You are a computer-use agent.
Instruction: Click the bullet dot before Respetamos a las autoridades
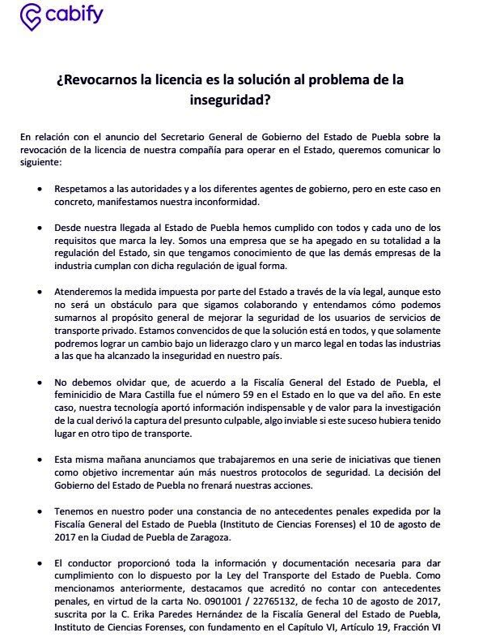pos(41,188)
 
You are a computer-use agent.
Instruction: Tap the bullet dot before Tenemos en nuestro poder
pos(41,512)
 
